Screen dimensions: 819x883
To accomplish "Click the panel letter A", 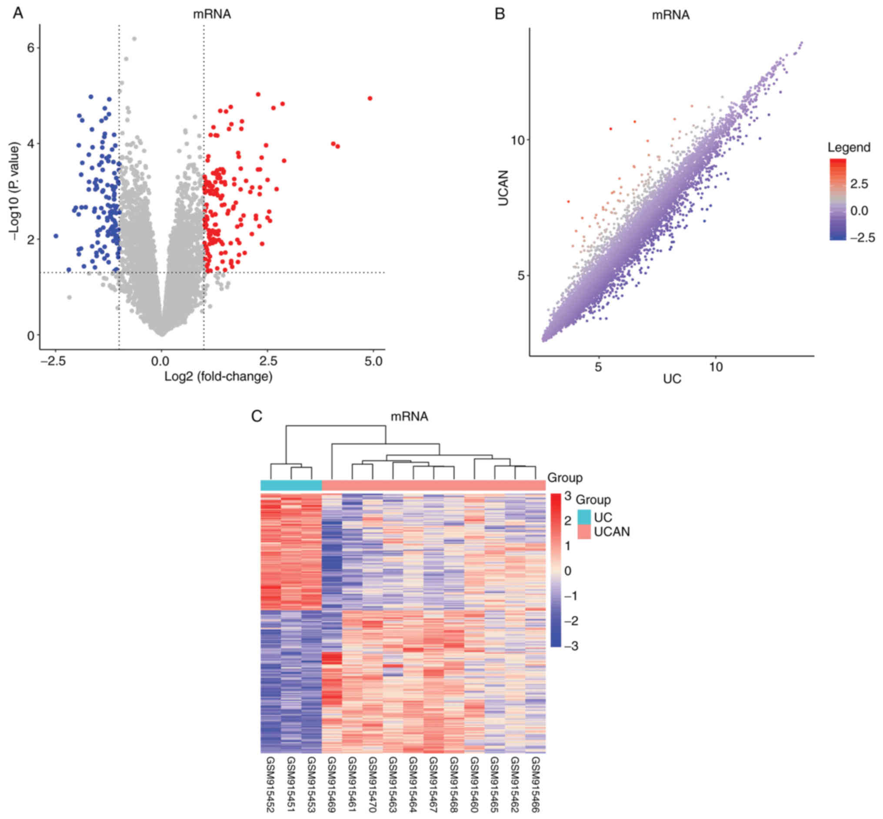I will [x=18, y=13].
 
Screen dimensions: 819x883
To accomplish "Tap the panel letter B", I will [x=500, y=14].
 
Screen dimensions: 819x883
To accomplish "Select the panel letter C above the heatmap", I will [x=257, y=416].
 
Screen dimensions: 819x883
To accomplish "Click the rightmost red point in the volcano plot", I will [x=370, y=98].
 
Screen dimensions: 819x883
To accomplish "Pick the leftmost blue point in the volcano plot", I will [x=56, y=236].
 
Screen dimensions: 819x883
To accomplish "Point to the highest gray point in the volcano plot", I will [x=134, y=39].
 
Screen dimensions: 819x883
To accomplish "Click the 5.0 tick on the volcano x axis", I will [x=373, y=362].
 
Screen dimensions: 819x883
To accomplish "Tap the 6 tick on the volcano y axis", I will [x=30, y=47].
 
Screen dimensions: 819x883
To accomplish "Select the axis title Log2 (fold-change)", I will [x=218, y=377].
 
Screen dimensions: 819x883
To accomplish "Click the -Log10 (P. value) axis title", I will [x=17, y=191].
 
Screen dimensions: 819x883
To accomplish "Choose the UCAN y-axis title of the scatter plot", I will [x=503, y=188].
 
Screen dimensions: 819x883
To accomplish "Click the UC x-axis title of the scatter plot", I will [x=672, y=379].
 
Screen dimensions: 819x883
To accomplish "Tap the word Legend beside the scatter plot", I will [x=849, y=147].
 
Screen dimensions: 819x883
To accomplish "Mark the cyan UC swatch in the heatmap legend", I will [x=584, y=517].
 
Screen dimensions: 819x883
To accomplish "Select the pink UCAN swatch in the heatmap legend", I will [x=584, y=532].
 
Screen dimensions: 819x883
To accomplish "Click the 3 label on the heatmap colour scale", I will [x=568, y=496].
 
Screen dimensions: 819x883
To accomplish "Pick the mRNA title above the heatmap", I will [x=409, y=416].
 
